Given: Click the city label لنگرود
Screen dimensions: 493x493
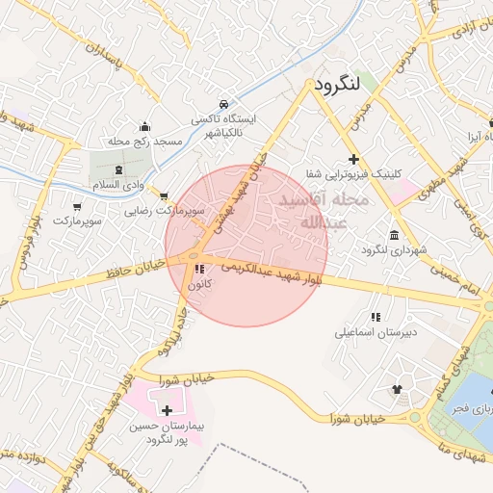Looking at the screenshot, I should pos(335,84).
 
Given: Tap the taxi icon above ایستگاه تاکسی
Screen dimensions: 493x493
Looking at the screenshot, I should pos(223,103).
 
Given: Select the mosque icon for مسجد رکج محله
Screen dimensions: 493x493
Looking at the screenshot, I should pos(144,126).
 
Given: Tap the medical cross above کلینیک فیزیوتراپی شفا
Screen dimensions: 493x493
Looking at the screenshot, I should pos(354,158).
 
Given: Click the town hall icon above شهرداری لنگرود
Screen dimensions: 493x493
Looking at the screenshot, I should pos(394,235).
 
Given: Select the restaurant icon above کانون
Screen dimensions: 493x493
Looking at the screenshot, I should pos(199,270).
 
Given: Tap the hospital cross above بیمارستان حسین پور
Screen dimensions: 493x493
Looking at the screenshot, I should pos(168,410).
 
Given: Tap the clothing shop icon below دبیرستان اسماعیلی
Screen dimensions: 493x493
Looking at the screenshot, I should pos(397,389).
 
